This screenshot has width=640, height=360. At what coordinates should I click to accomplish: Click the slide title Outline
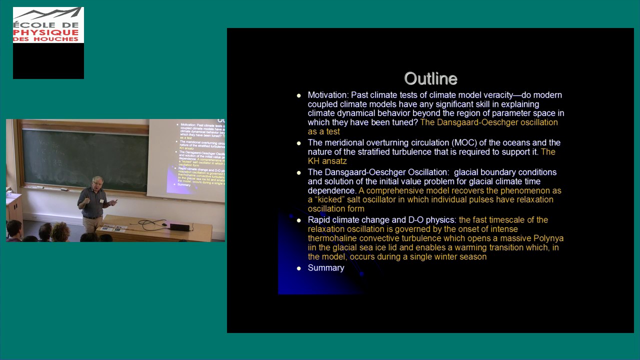click(430, 78)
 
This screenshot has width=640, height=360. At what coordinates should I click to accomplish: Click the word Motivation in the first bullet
click(327, 95)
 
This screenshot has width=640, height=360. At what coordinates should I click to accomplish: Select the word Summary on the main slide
click(326, 268)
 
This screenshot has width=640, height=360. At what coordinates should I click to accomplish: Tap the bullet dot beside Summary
click(299, 268)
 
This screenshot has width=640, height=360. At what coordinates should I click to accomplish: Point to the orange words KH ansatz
click(327, 161)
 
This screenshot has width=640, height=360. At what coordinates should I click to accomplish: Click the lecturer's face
click(97, 183)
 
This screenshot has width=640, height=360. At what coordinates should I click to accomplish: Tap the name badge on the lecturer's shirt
click(101, 201)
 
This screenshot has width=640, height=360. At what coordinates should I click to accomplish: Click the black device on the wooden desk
click(179, 226)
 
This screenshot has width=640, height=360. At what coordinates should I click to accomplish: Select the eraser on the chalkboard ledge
click(64, 189)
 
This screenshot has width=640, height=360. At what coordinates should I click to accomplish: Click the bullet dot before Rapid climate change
click(299, 220)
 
